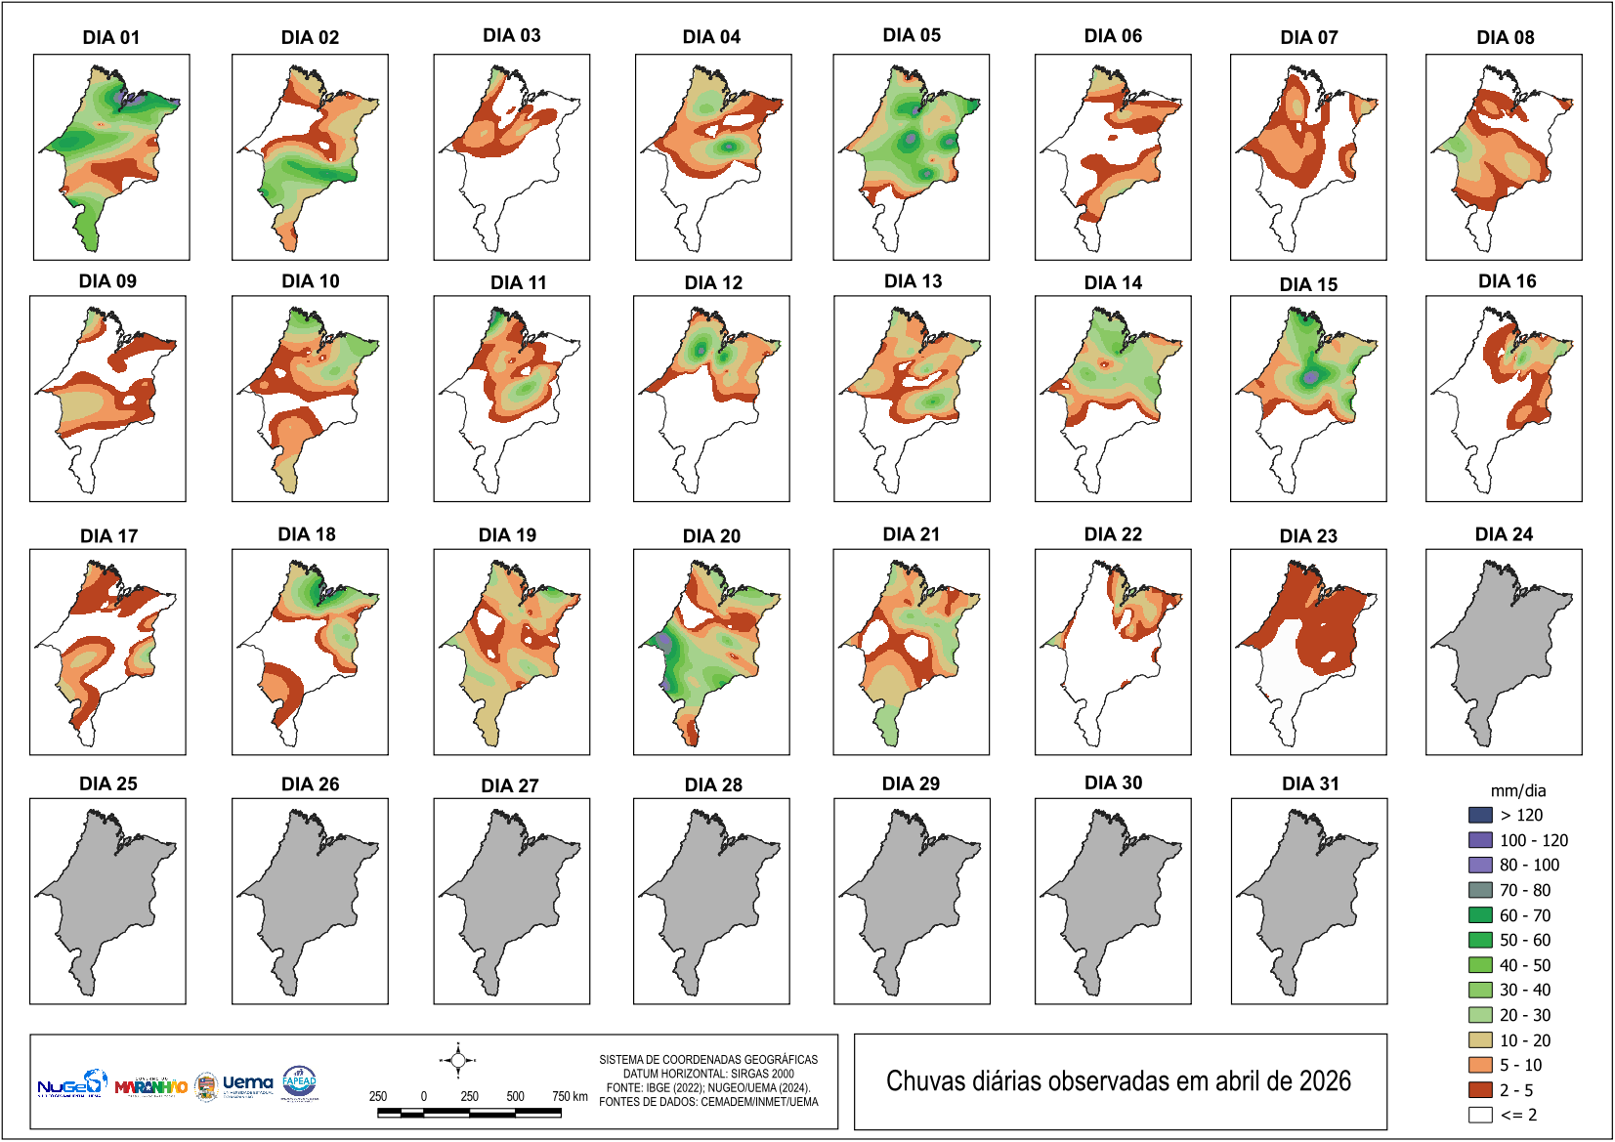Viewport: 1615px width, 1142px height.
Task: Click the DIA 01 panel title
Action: (111, 37)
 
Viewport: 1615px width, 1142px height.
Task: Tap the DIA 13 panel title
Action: (913, 281)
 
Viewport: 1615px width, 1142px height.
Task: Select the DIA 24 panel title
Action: (1504, 534)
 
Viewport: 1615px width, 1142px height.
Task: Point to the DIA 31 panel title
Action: (1310, 783)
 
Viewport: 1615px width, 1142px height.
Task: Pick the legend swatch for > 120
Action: (1480, 815)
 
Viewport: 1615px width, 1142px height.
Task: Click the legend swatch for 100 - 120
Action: (1480, 840)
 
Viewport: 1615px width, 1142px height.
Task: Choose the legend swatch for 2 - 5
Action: (1480, 1090)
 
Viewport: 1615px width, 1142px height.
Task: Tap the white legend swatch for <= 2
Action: (1480, 1115)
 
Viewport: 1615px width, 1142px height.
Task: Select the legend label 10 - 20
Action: (1525, 1040)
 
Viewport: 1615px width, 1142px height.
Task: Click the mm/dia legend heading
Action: (1518, 791)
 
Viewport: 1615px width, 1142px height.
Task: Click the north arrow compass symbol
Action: (458, 1060)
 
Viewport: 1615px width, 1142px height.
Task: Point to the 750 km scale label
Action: (570, 1096)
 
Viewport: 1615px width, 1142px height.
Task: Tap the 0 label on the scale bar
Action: (424, 1096)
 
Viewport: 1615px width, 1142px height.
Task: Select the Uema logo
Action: (247, 1083)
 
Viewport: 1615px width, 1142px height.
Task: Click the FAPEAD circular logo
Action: (299, 1081)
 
